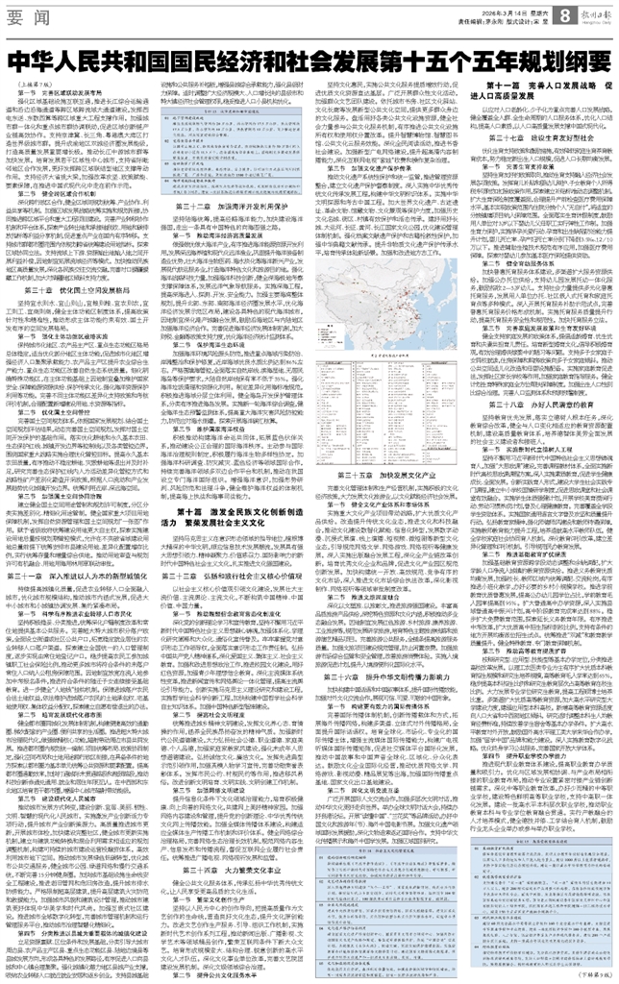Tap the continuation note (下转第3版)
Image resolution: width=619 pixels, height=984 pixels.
(590, 974)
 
